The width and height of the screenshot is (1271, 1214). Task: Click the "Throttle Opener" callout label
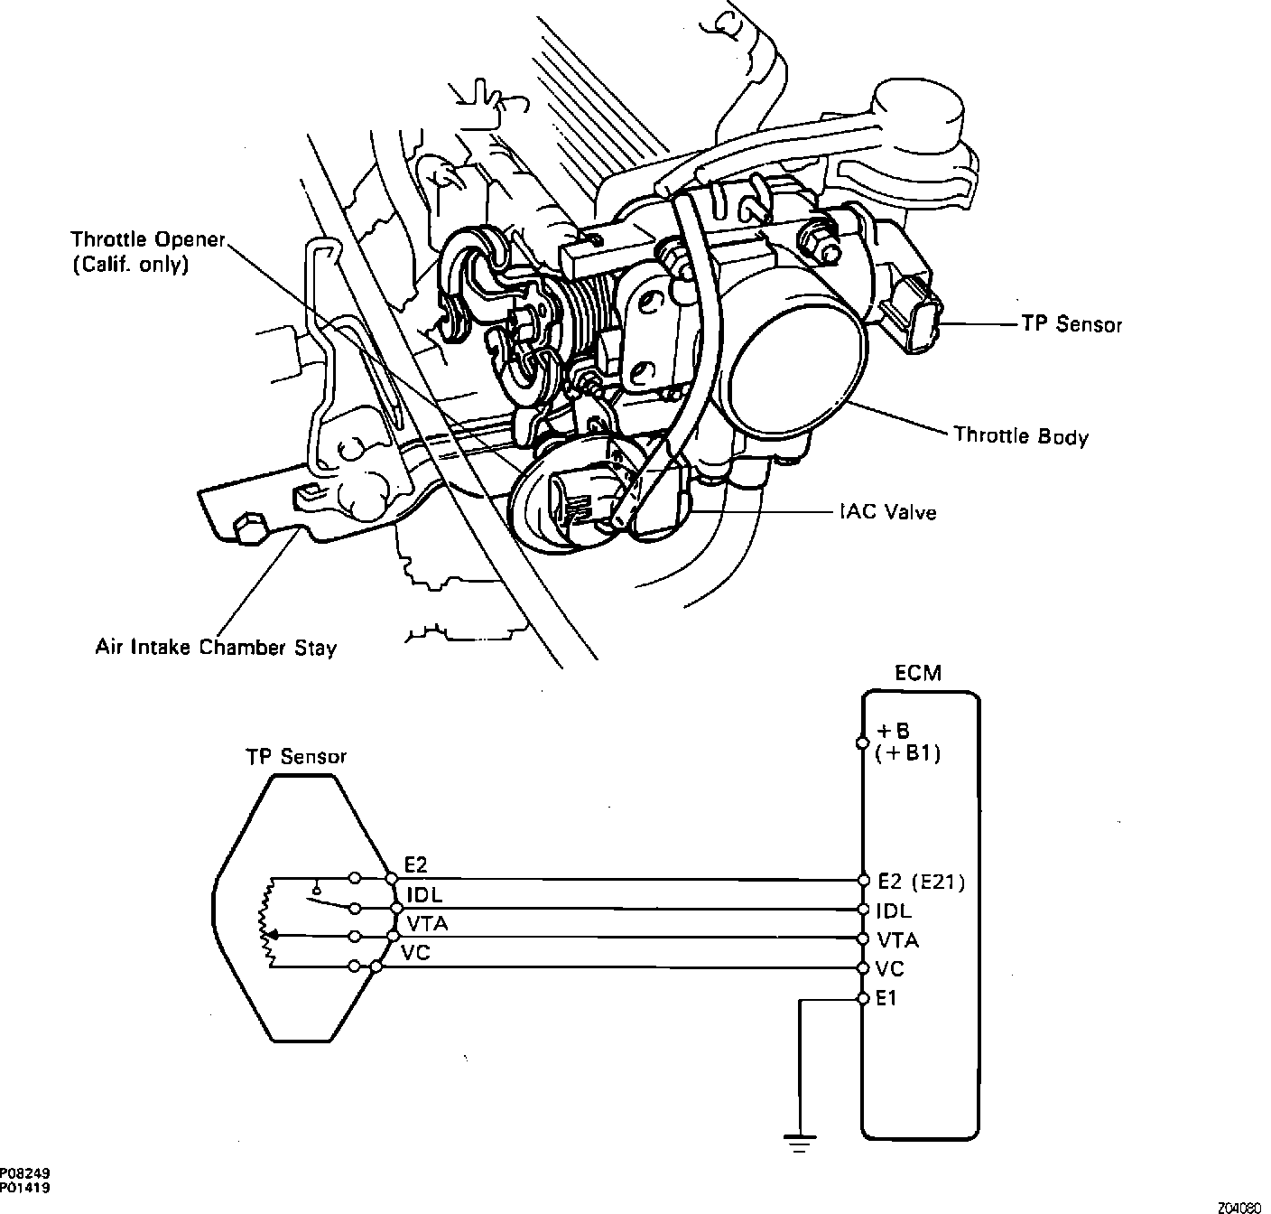(x=147, y=240)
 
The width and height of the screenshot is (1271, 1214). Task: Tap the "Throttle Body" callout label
(x=1021, y=436)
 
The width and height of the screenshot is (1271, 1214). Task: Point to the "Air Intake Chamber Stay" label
(x=216, y=648)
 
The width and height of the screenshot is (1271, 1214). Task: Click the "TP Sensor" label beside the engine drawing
(x=1072, y=323)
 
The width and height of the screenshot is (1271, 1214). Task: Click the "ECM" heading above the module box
(x=917, y=673)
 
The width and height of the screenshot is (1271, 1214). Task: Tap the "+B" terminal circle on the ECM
(x=862, y=743)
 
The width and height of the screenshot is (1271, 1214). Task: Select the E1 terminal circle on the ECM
(x=862, y=999)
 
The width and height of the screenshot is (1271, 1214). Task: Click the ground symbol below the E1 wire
(x=799, y=1141)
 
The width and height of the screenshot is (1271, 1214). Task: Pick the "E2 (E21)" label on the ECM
(x=921, y=882)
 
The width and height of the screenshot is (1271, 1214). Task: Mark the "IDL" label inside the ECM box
(x=894, y=910)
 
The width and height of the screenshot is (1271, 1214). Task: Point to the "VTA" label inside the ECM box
(x=897, y=940)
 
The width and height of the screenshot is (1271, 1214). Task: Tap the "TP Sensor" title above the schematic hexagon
(x=296, y=757)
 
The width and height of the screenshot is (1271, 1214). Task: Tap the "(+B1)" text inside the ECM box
(x=908, y=753)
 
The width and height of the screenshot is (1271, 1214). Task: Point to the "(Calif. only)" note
(x=130, y=266)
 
